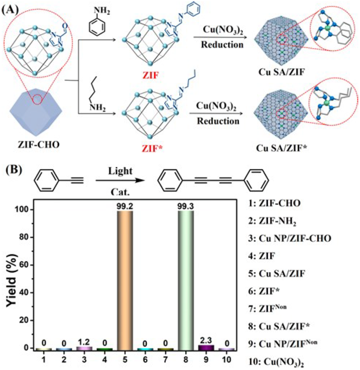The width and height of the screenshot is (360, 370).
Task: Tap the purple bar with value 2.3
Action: pyautogui.click(x=206, y=347)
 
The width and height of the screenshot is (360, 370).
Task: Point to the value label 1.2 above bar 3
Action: pyautogui.click(x=84, y=342)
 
